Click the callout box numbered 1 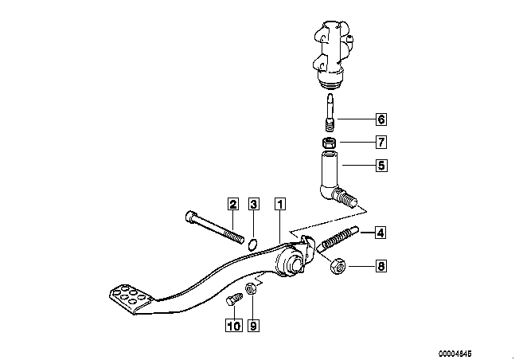[279, 203]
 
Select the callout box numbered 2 [232, 203]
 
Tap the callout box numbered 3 [254, 203]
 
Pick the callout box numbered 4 [380, 233]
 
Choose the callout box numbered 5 [380, 166]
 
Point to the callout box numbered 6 [380, 119]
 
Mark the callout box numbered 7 [380, 143]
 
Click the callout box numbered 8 [380, 266]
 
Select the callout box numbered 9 [254, 325]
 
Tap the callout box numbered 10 [233, 325]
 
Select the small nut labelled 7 [328, 143]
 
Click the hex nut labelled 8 [336, 266]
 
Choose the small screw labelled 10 [232, 302]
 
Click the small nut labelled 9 [250, 288]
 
